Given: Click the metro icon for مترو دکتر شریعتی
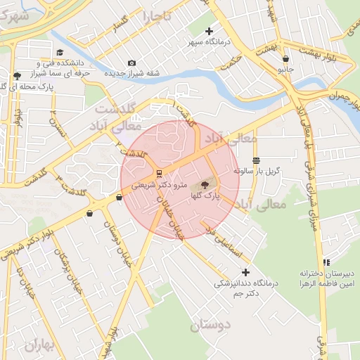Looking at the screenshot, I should [x=159, y=172].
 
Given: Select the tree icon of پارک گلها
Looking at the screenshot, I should [x=205, y=185].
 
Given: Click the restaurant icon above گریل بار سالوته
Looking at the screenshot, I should [x=256, y=160].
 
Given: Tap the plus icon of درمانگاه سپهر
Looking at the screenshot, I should [x=209, y=32].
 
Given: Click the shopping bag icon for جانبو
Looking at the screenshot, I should [x=285, y=59].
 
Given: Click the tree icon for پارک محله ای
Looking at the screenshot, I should [x=17, y=75].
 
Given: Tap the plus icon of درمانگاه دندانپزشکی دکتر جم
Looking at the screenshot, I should [x=245, y=272].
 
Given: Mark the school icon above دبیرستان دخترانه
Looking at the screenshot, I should [x=326, y=262].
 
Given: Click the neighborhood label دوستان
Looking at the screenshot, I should [x=210, y=326].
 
